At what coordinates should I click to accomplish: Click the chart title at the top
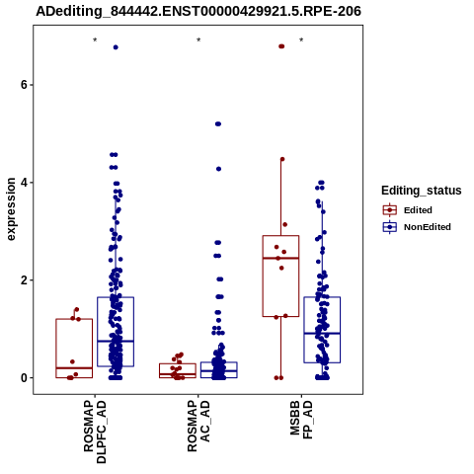coord(198,11)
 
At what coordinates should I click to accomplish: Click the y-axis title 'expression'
coord(11,209)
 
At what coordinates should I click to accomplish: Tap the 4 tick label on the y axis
coord(24,183)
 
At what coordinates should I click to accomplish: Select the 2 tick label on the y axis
coord(24,280)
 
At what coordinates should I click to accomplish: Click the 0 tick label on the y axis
coord(24,378)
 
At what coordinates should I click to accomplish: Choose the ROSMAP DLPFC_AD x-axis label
coord(95,432)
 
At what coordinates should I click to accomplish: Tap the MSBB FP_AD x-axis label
coord(301,420)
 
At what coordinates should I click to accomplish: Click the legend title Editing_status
coord(422,191)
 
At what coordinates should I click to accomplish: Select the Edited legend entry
coord(407,210)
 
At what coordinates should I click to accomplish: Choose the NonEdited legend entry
coord(417,227)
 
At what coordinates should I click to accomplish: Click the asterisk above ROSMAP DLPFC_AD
coord(95,40)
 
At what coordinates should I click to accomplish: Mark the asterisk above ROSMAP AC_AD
coord(198,40)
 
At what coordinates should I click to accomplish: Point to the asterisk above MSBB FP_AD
coord(301,40)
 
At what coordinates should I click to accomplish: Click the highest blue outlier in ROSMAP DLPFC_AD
coord(116,47)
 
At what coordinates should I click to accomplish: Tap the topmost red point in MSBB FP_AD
coord(281,46)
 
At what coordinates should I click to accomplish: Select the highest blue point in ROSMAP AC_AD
coord(218,124)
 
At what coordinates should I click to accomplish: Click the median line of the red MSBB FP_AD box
coord(280,258)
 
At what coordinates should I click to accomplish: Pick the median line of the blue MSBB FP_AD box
coord(322,334)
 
